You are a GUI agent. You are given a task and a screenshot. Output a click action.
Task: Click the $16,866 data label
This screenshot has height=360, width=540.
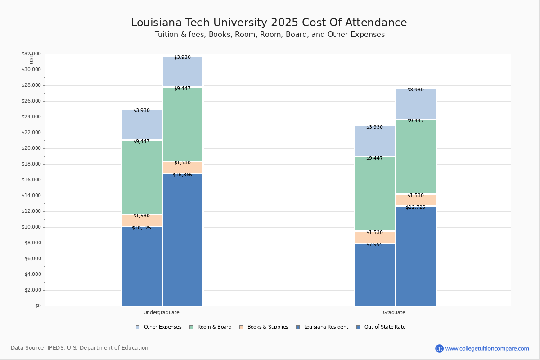(x=182, y=175)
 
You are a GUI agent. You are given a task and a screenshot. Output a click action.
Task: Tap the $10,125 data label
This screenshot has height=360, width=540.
(x=141, y=228)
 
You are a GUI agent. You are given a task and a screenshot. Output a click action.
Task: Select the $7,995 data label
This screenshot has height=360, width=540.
(x=374, y=244)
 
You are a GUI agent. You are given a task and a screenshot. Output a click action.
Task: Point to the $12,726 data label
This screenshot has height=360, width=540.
(x=415, y=207)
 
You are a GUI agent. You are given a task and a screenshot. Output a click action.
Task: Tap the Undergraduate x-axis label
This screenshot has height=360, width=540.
(x=162, y=312)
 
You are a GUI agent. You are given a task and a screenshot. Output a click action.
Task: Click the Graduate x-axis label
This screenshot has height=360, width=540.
(x=394, y=312)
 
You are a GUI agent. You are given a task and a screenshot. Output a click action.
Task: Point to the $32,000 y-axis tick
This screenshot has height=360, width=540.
(x=31, y=54)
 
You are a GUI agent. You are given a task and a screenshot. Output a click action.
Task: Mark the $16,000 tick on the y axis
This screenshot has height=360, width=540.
(x=31, y=180)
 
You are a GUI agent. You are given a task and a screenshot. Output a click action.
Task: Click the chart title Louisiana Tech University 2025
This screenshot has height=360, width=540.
(x=269, y=23)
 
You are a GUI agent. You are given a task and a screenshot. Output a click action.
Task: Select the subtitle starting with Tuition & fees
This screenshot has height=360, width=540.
(x=270, y=35)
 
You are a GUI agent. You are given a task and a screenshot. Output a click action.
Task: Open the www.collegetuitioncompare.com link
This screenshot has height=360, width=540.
(x=487, y=348)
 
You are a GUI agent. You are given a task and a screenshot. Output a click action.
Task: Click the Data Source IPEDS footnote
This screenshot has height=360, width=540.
(x=80, y=348)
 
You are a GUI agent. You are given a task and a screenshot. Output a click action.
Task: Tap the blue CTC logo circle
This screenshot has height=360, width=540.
(x=439, y=348)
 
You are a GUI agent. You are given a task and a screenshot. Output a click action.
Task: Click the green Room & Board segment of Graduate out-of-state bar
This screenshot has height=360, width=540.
(x=416, y=157)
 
